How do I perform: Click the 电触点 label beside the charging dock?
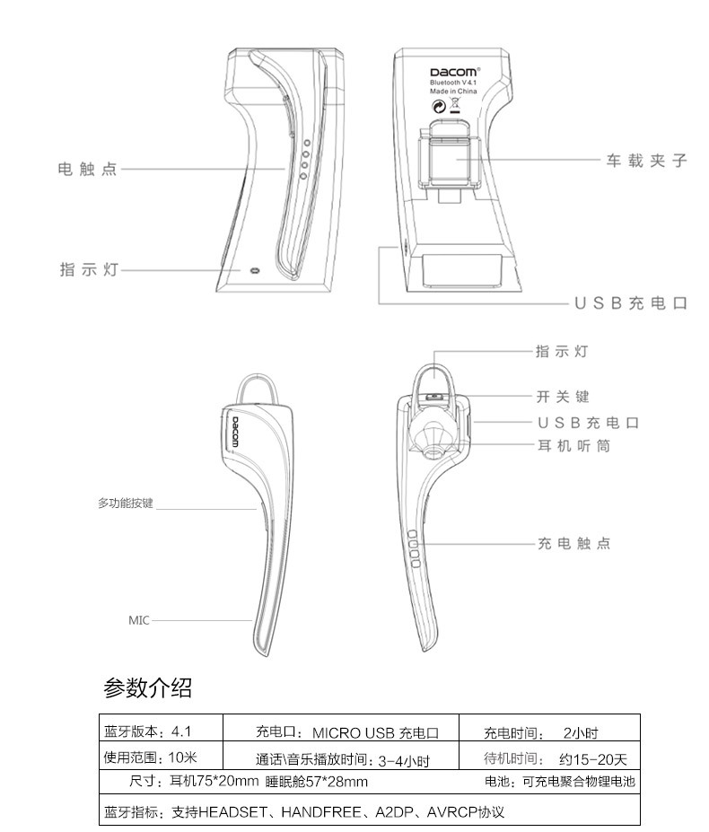(x=87, y=168)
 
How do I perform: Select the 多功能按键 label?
(x=126, y=504)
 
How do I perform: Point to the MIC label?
(x=138, y=619)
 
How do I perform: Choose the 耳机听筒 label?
(x=573, y=445)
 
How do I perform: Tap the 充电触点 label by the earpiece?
(x=573, y=544)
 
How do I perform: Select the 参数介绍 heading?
(x=147, y=688)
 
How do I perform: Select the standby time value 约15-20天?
(x=592, y=759)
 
